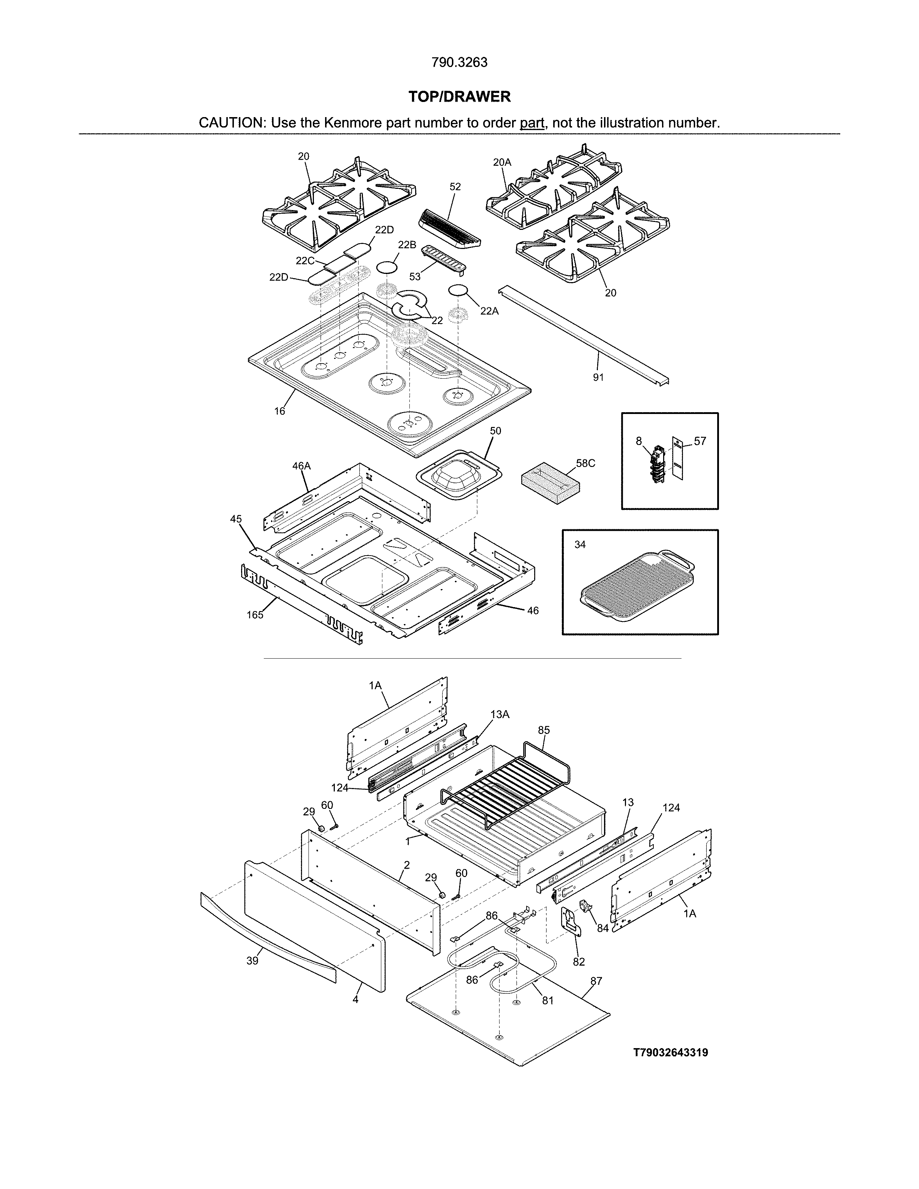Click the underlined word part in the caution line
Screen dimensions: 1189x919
coord(532,123)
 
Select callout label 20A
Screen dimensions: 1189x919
coord(502,162)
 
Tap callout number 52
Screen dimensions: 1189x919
coord(455,187)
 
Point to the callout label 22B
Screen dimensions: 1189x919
coord(407,245)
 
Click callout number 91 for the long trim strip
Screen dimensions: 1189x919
coord(598,377)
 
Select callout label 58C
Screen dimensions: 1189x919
coord(586,463)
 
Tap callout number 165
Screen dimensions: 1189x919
coord(255,615)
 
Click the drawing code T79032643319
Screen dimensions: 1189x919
coord(670,1053)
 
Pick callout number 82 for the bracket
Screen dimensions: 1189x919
coord(579,962)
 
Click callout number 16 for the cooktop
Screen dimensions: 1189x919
coord(279,411)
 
